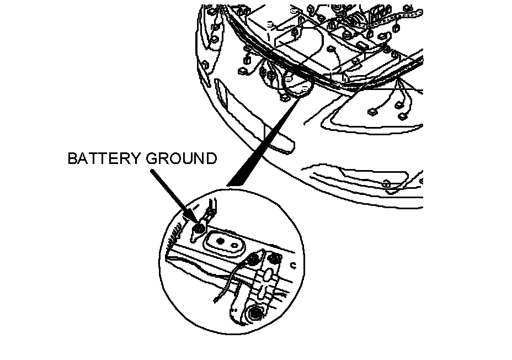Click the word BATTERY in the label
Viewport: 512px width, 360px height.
point(104,159)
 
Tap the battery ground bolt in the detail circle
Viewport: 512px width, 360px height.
point(200,229)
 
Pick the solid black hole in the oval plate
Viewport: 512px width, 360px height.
point(220,241)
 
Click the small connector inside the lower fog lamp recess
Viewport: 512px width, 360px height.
point(387,184)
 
